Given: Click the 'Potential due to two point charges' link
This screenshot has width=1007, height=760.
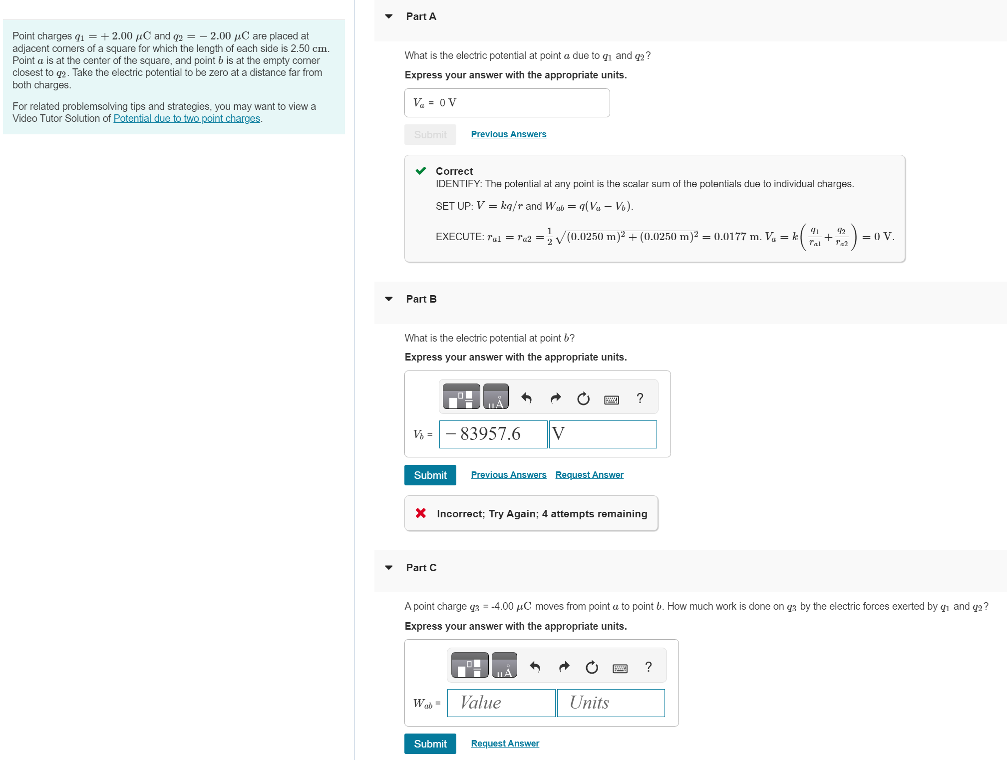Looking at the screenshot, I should click(x=187, y=118).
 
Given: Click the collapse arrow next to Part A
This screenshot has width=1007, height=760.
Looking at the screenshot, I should click(x=389, y=16).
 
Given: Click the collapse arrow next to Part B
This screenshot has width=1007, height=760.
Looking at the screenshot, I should click(x=389, y=299).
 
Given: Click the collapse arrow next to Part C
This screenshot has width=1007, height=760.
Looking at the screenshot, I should click(x=389, y=568).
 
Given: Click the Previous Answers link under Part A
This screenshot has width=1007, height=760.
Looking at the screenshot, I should click(x=508, y=134).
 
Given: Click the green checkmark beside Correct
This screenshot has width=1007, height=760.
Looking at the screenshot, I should click(x=421, y=171).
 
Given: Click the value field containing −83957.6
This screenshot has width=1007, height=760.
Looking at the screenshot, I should click(x=493, y=434).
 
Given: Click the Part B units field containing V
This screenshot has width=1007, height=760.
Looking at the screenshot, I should click(x=603, y=434).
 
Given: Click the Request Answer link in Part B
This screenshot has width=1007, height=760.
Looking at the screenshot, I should click(x=589, y=475).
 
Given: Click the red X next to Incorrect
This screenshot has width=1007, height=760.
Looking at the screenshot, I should click(x=421, y=513).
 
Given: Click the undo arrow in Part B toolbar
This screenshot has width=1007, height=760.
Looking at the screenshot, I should click(x=526, y=398).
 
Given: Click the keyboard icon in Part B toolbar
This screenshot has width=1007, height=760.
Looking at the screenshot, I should click(x=611, y=399).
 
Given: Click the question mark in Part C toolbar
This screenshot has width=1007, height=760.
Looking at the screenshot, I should click(x=648, y=667).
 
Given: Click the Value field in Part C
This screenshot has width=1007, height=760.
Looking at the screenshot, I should click(x=501, y=703).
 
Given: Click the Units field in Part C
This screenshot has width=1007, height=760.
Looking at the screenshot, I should click(x=611, y=703).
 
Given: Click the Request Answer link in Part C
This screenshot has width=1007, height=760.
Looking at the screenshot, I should click(x=505, y=744).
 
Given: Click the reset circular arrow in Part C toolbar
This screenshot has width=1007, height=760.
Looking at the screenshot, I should click(x=592, y=667).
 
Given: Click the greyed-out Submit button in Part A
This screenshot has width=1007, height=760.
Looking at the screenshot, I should click(x=430, y=135).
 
